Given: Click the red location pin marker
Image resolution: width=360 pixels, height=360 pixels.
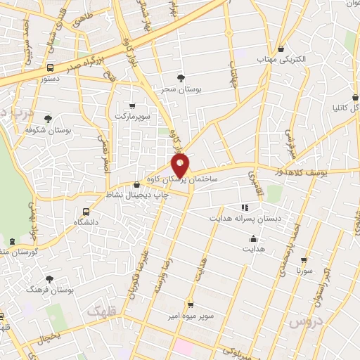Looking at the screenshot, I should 181,165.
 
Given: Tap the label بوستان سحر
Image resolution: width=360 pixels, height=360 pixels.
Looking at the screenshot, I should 179,91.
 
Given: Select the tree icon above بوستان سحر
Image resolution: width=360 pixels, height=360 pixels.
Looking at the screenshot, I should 181,78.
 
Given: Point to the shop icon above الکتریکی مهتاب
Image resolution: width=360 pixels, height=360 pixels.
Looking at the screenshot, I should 281,49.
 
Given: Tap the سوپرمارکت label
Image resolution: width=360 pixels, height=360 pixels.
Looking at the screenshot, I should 131,115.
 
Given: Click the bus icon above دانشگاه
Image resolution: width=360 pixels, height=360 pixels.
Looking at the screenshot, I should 86,211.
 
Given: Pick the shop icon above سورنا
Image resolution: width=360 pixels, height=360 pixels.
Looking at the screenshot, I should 304,259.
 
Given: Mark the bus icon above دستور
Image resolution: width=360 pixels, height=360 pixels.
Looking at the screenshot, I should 49,68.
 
